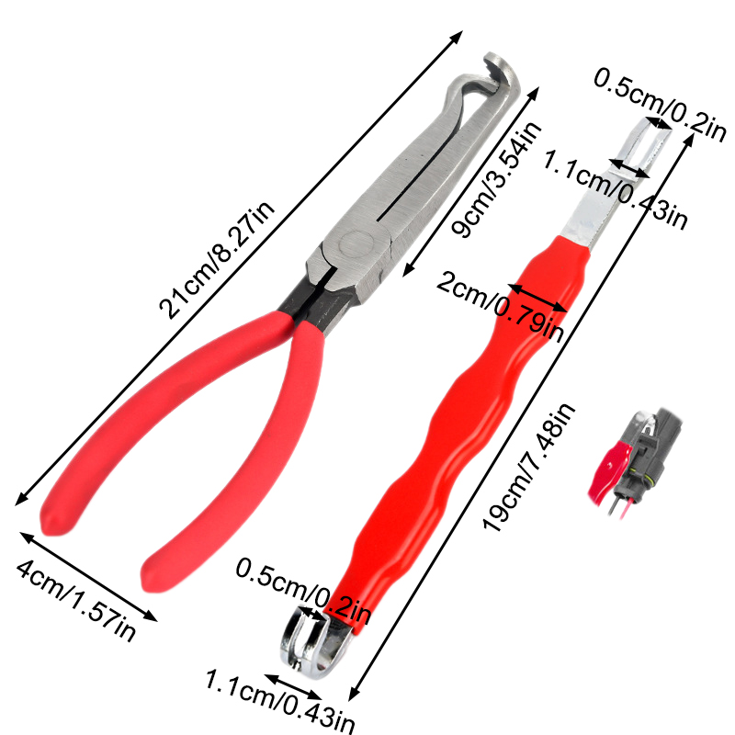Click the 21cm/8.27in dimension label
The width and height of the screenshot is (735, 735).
pos(217,261)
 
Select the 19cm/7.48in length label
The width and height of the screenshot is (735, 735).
pos(529,467)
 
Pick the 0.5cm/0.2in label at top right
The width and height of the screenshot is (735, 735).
pos(660,104)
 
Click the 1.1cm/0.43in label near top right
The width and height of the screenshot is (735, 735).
pos(615,189)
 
